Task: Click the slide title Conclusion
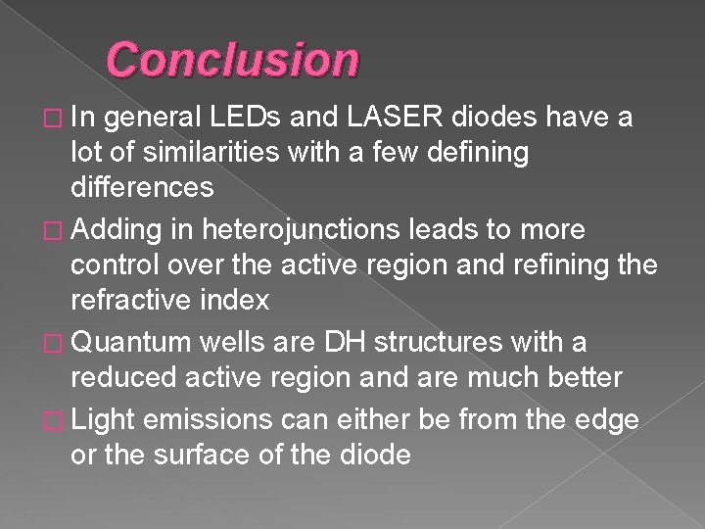(x=233, y=60)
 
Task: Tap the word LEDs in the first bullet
(x=258, y=119)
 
